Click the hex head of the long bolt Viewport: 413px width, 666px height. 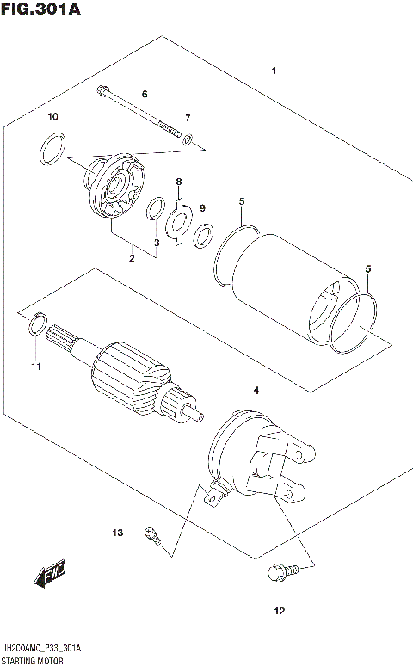(103, 89)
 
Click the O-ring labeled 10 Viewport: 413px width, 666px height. (52, 147)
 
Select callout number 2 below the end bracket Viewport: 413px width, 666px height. (132, 257)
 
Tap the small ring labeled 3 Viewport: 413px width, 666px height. (156, 209)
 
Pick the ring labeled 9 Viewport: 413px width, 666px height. (205, 234)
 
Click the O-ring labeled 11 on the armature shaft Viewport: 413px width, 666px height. (37, 325)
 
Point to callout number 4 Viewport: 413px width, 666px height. (256, 392)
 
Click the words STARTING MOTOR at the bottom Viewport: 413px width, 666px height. (32, 658)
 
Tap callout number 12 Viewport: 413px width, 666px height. (278, 612)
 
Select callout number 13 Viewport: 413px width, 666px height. (118, 533)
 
